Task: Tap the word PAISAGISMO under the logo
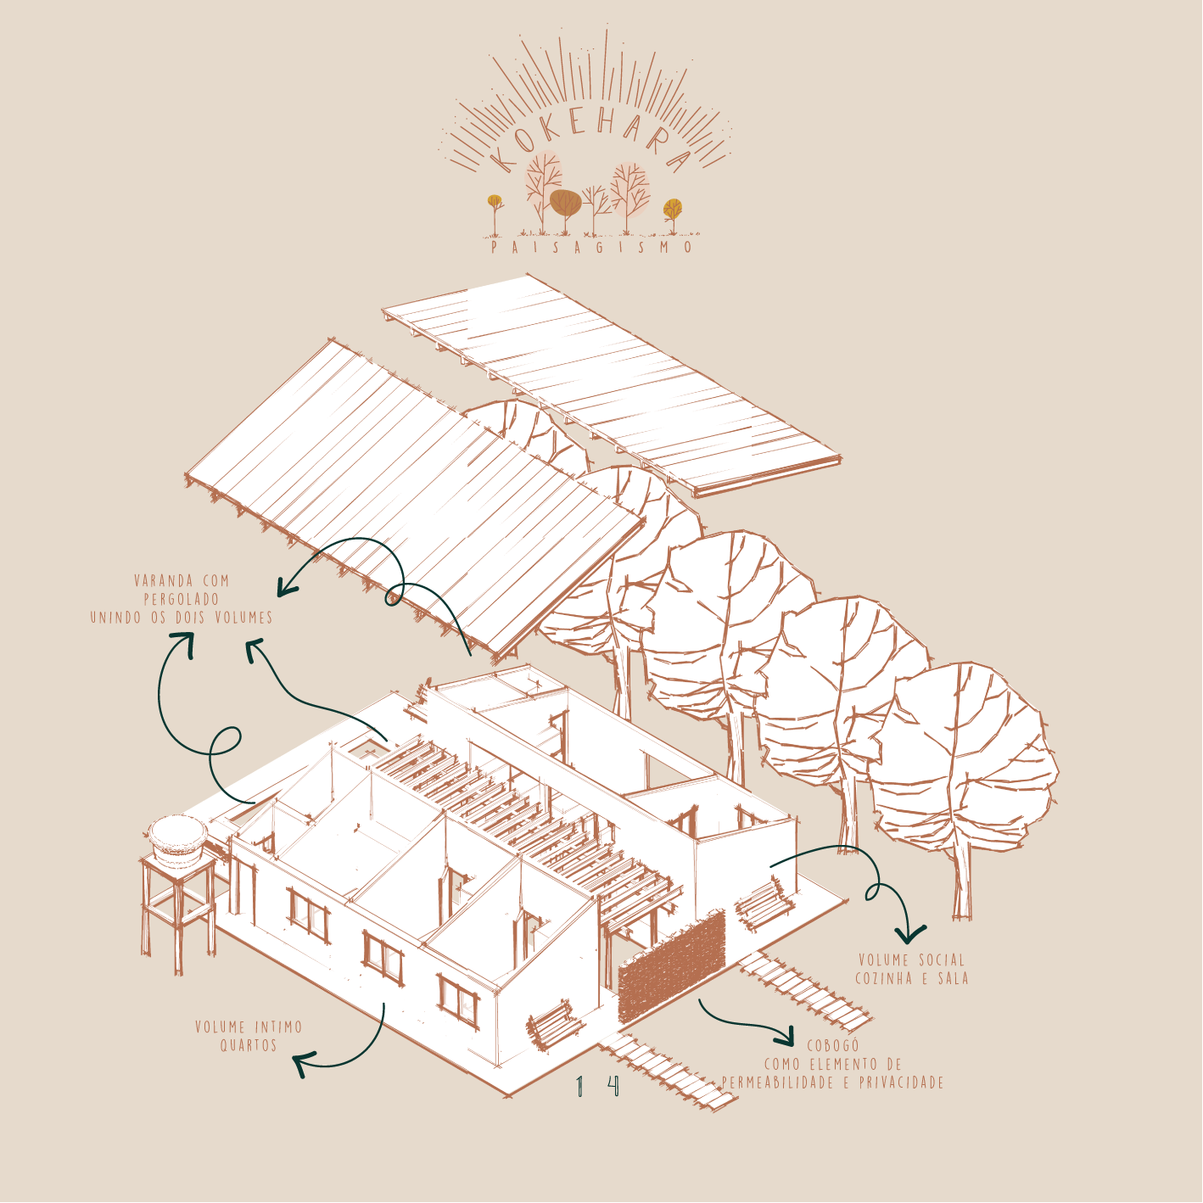pos(592,248)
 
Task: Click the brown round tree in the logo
pos(565,203)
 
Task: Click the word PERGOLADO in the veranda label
pos(182,599)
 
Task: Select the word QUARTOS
pos(249,1045)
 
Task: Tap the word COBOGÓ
pos(832,1046)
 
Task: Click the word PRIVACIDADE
pos(901,1083)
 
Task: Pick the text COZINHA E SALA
pos(911,978)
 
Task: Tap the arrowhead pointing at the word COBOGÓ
pos(785,1035)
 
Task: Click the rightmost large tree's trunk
pos(961,882)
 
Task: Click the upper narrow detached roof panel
pos(611,382)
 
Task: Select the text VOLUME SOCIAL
pos(911,960)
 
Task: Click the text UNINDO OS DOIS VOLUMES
pos(182,618)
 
